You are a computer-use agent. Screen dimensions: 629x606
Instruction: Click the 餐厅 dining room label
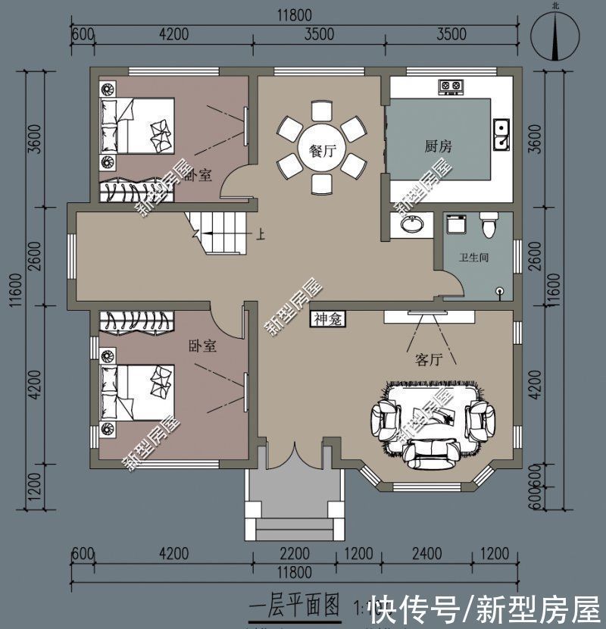(x=323, y=151)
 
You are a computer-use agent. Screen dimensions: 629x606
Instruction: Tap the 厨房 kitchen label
(x=438, y=146)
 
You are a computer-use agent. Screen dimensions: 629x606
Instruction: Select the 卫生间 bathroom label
(x=473, y=258)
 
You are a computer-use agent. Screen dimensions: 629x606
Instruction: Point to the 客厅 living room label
(x=429, y=359)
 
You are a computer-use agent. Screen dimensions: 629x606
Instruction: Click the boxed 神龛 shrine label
(x=327, y=319)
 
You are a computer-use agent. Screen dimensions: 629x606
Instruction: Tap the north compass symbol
(x=556, y=34)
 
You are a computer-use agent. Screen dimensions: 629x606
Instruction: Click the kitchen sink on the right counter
(x=501, y=134)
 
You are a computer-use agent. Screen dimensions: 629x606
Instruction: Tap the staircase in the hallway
(x=222, y=231)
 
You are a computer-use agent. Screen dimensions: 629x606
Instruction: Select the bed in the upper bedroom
(x=140, y=126)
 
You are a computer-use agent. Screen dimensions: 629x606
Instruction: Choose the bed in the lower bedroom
(x=140, y=393)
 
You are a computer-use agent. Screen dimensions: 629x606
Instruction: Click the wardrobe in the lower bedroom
(x=141, y=321)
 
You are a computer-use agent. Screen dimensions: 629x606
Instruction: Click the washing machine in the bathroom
(x=454, y=224)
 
